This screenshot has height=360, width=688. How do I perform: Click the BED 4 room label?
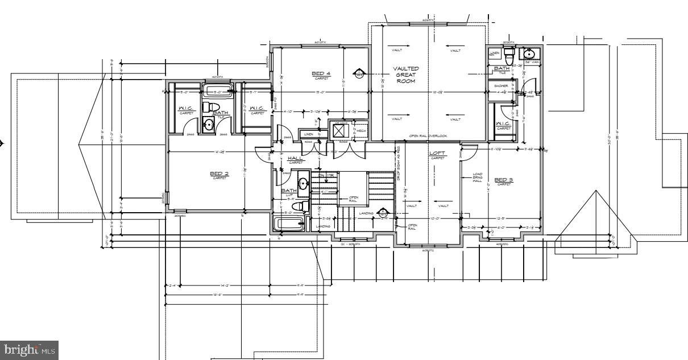tap(321, 73)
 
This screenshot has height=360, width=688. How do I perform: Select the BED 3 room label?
tap(503, 180)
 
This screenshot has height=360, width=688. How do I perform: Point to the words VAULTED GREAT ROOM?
tap(406, 75)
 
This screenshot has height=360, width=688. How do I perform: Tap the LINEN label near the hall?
tap(309, 134)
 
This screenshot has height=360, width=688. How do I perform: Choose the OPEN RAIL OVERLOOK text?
tap(429, 136)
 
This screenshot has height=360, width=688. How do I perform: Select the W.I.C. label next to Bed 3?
tap(503, 124)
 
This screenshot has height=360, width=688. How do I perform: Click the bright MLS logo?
tap(30, 350)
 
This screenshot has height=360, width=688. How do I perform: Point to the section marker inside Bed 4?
tap(359, 73)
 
